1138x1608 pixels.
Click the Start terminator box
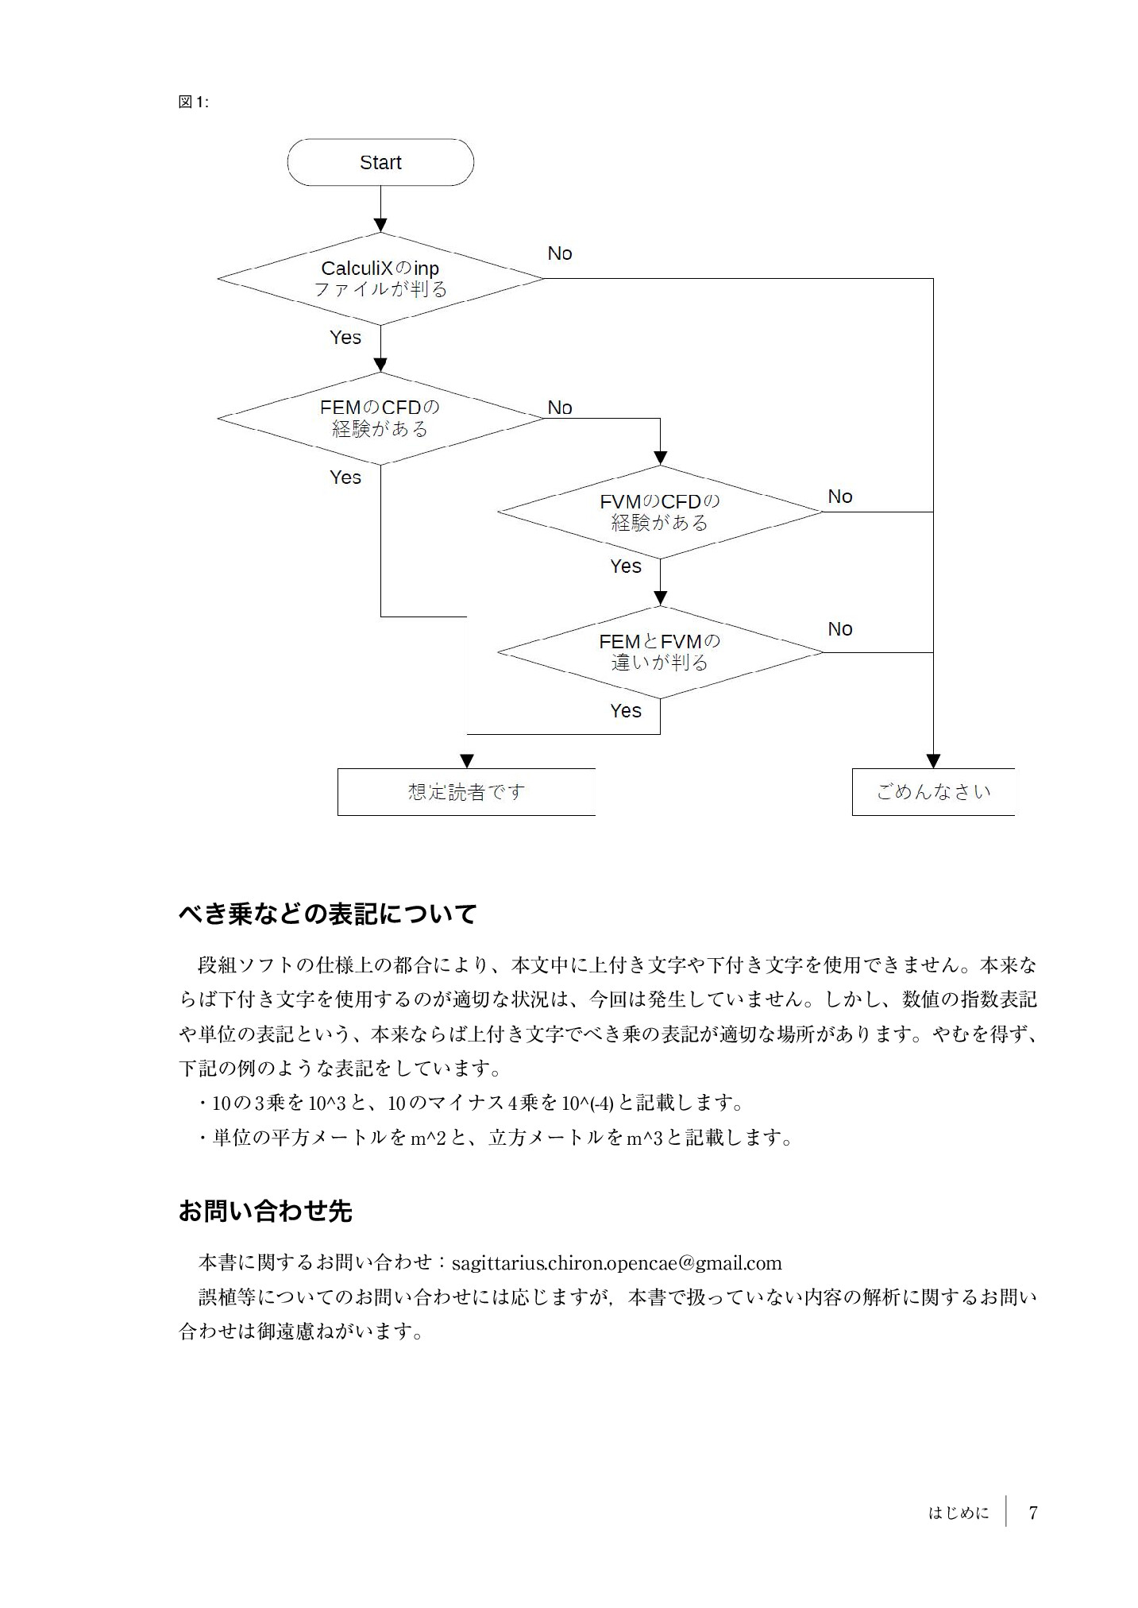[380, 163]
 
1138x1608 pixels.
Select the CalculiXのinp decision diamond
[380, 279]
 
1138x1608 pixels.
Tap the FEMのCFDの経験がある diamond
[380, 419]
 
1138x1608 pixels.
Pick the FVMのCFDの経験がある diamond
[659, 512]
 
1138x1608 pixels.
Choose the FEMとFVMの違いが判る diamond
[659, 652]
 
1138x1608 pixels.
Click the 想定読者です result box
[466, 792]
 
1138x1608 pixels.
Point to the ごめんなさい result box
[933, 792]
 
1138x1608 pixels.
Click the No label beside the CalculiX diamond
[560, 253]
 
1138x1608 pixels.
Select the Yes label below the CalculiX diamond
[345, 338]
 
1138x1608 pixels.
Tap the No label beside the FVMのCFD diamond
[839, 497]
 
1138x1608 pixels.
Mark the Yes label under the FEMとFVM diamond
[626, 711]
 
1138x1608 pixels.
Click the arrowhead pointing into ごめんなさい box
[933, 760]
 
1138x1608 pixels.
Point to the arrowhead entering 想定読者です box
[467, 760]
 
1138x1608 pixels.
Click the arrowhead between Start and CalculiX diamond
[380, 225]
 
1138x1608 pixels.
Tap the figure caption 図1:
[193, 102]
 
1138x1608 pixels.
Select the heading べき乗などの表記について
[327, 914]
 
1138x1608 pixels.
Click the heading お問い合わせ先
[265, 1211]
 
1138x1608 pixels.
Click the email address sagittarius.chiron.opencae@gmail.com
[616, 1262]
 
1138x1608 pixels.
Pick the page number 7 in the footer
[1032, 1513]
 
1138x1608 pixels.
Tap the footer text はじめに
[959, 1513]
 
